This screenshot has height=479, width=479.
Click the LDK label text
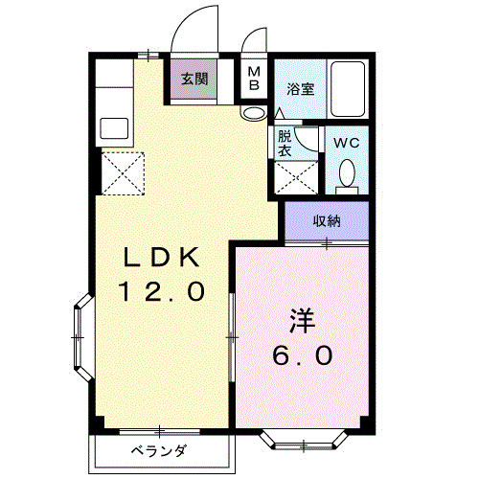[161, 258]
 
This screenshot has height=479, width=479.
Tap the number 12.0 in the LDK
[161, 291]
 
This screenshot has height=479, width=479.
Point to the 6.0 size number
[301, 355]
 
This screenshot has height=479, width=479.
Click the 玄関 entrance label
[194, 80]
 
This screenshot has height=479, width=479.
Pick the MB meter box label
[253, 79]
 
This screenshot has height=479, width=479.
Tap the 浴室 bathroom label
[300, 89]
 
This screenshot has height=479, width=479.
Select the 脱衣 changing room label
[286, 144]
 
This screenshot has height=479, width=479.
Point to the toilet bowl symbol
[347, 174]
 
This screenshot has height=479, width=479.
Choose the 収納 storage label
[327, 220]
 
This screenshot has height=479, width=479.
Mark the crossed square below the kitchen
[122, 173]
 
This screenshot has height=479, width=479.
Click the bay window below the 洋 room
[301, 442]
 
